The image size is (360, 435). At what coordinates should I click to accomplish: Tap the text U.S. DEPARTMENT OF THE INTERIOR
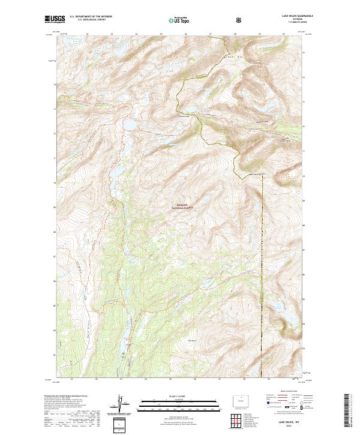click(x=89, y=17)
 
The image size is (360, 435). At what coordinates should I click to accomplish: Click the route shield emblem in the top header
click(x=240, y=20)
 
